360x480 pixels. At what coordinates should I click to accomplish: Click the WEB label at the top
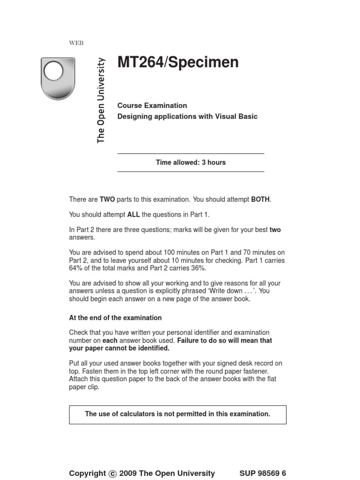[76, 43]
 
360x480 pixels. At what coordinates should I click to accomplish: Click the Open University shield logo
[58, 78]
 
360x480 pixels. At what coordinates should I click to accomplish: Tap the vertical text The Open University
[101, 100]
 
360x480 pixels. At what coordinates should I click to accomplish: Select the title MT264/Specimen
[178, 62]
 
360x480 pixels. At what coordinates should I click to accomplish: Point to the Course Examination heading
[152, 105]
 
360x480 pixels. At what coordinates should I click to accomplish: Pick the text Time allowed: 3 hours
[191, 163]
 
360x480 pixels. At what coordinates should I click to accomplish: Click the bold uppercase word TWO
[107, 200]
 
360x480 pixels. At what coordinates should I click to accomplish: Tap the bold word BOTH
[260, 200]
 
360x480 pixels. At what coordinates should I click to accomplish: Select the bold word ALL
[134, 215]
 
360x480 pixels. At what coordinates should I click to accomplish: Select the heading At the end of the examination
[115, 318]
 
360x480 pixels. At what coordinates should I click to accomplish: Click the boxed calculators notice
[178, 414]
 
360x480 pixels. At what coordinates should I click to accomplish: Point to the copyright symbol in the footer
[112, 474]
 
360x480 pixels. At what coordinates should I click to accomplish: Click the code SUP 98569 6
[262, 473]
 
